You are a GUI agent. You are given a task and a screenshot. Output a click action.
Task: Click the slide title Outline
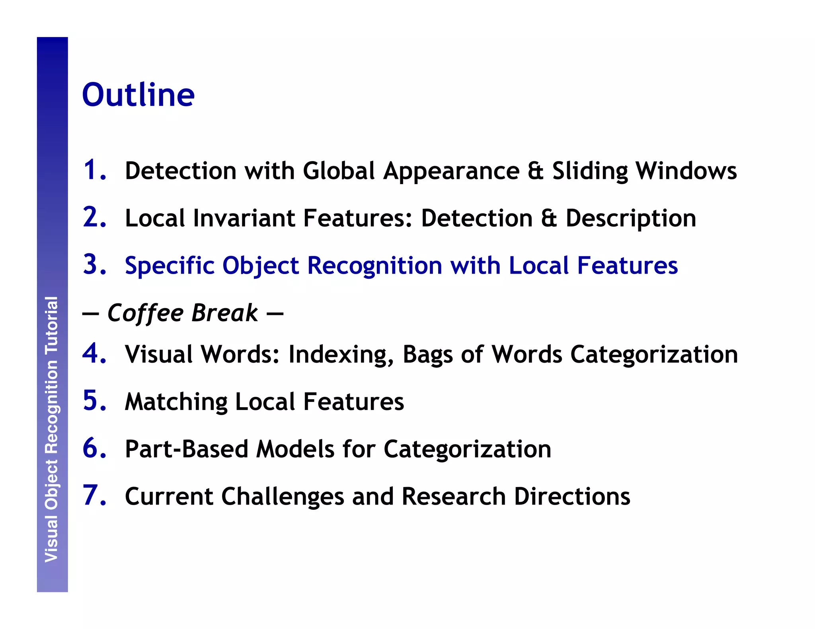point(138,95)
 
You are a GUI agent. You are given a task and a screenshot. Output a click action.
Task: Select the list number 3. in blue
point(95,264)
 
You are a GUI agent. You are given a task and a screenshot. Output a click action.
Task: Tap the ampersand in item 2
point(549,218)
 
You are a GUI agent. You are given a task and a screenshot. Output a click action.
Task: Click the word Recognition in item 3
point(374,266)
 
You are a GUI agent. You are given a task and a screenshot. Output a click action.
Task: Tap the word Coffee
point(145,313)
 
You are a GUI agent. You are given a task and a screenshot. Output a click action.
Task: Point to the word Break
point(225,313)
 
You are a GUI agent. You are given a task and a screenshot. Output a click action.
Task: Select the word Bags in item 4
point(427,355)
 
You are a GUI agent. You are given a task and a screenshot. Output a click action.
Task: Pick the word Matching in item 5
point(176,402)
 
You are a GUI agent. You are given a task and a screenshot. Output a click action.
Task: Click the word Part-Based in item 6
point(187,449)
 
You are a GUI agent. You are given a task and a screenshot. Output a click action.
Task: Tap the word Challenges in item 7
point(283,497)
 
